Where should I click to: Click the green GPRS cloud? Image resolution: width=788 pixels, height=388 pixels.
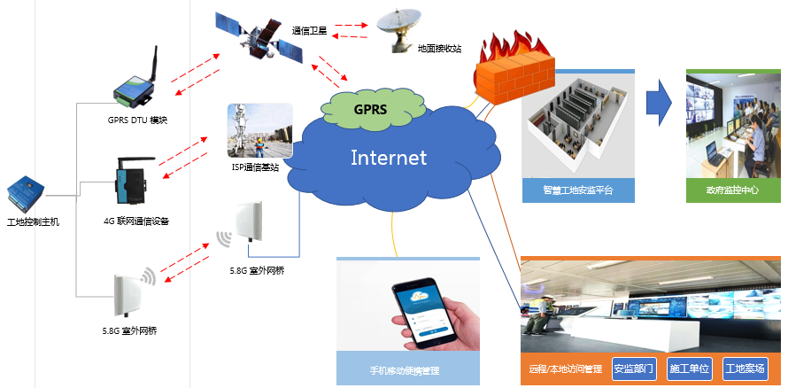[x=369, y=109]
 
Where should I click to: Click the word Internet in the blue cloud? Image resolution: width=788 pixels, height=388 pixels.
[x=389, y=158]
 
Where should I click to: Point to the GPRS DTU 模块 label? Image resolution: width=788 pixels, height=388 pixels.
[x=137, y=120]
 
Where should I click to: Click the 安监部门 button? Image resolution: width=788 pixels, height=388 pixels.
[x=634, y=368]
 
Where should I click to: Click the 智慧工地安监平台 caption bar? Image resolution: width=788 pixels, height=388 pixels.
[x=579, y=190]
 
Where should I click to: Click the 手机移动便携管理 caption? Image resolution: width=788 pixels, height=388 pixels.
[x=405, y=370]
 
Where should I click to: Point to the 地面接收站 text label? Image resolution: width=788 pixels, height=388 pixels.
[x=439, y=48]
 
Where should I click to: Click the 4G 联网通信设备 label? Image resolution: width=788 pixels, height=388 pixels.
[x=136, y=221]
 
